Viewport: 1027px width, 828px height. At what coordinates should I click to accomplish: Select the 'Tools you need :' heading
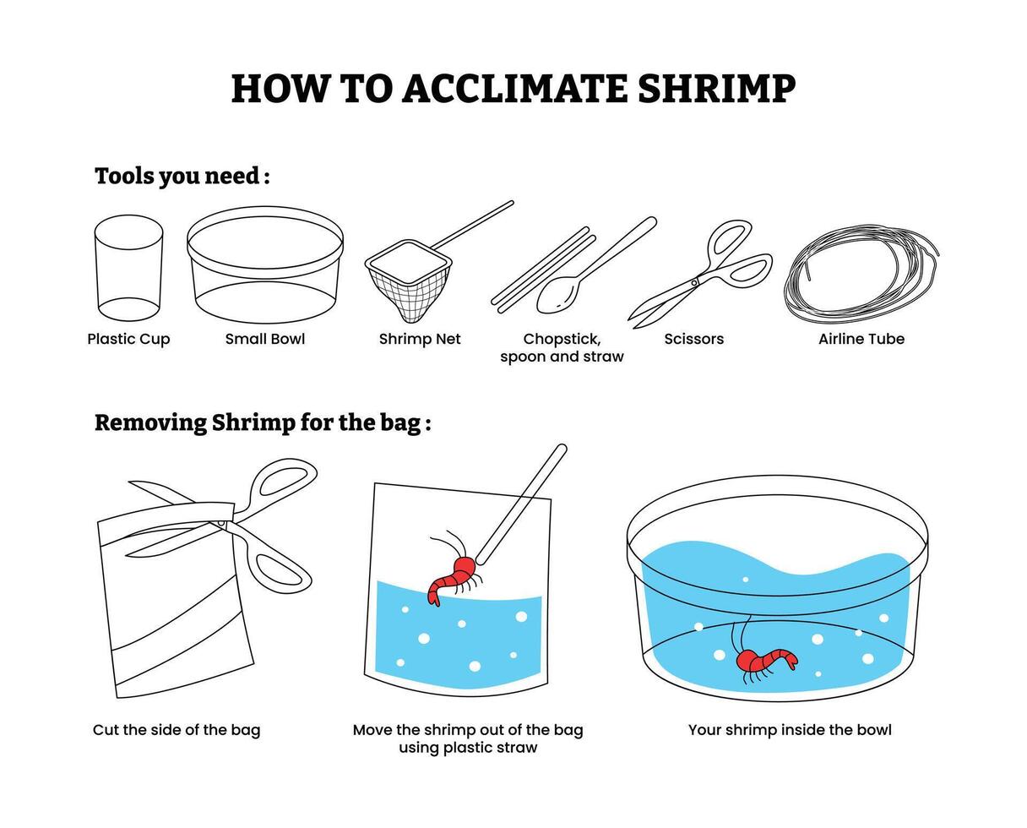(182, 176)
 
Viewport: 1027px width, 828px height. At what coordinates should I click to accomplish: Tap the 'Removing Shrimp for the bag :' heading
(263, 422)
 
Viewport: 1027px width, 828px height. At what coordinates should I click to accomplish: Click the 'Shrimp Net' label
(420, 339)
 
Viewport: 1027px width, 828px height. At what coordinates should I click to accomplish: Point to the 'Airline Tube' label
(861, 339)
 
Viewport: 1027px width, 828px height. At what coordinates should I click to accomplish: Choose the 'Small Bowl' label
(265, 339)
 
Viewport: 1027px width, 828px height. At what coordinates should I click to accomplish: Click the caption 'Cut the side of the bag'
(177, 730)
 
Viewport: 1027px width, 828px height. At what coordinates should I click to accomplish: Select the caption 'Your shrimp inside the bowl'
(790, 730)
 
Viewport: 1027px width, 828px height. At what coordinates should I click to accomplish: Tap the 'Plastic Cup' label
(128, 339)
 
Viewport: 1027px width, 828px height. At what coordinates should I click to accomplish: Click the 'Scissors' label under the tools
(693, 339)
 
